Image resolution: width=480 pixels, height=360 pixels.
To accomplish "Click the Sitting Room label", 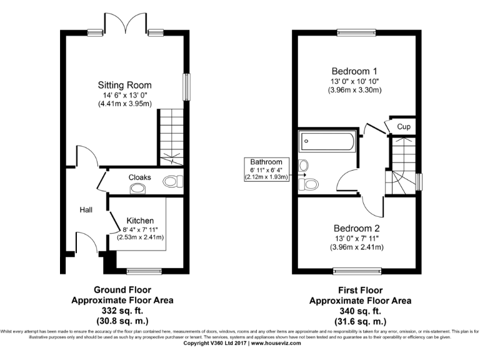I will (x=124, y=85).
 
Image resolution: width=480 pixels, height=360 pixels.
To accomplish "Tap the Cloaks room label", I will (x=139, y=177).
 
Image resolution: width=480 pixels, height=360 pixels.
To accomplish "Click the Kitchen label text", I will (x=140, y=221).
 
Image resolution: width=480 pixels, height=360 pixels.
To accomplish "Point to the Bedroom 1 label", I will (x=354, y=71).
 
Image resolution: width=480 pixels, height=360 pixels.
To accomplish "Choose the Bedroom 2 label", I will (x=355, y=228).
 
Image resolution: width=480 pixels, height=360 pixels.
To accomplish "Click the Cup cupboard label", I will (x=404, y=127).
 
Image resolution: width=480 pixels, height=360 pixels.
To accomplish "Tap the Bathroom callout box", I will (x=267, y=169).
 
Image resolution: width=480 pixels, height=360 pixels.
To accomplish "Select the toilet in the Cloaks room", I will (x=172, y=181).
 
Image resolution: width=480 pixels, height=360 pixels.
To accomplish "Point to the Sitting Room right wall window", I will (x=186, y=86).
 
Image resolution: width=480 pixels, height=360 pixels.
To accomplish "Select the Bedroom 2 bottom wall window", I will (x=356, y=271).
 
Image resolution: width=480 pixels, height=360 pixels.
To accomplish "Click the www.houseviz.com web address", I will (x=276, y=343).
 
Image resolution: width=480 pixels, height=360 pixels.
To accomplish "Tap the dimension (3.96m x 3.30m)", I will (x=354, y=90).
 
